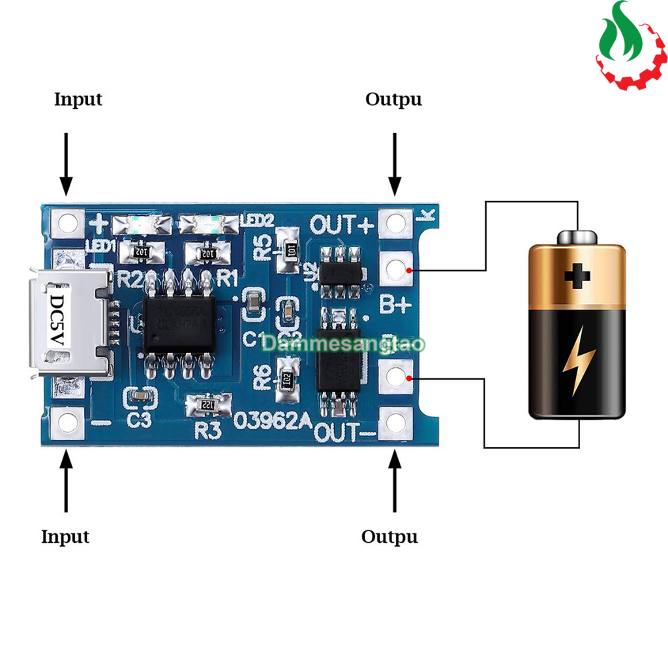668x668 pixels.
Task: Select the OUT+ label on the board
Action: pos(342,224)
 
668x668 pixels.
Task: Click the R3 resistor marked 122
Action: pos(208,405)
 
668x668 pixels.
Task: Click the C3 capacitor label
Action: pos(139,421)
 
